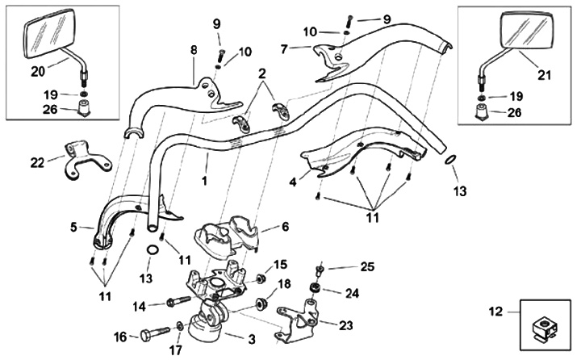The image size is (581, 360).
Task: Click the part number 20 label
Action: point(37,71)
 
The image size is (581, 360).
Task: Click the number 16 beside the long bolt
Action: point(121,336)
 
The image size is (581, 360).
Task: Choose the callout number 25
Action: point(367,266)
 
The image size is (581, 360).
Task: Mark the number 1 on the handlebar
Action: point(205,181)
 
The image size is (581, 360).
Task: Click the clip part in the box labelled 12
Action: point(545,328)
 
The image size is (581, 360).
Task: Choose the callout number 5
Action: point(73,228)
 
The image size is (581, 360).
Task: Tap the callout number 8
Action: point(193,50)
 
